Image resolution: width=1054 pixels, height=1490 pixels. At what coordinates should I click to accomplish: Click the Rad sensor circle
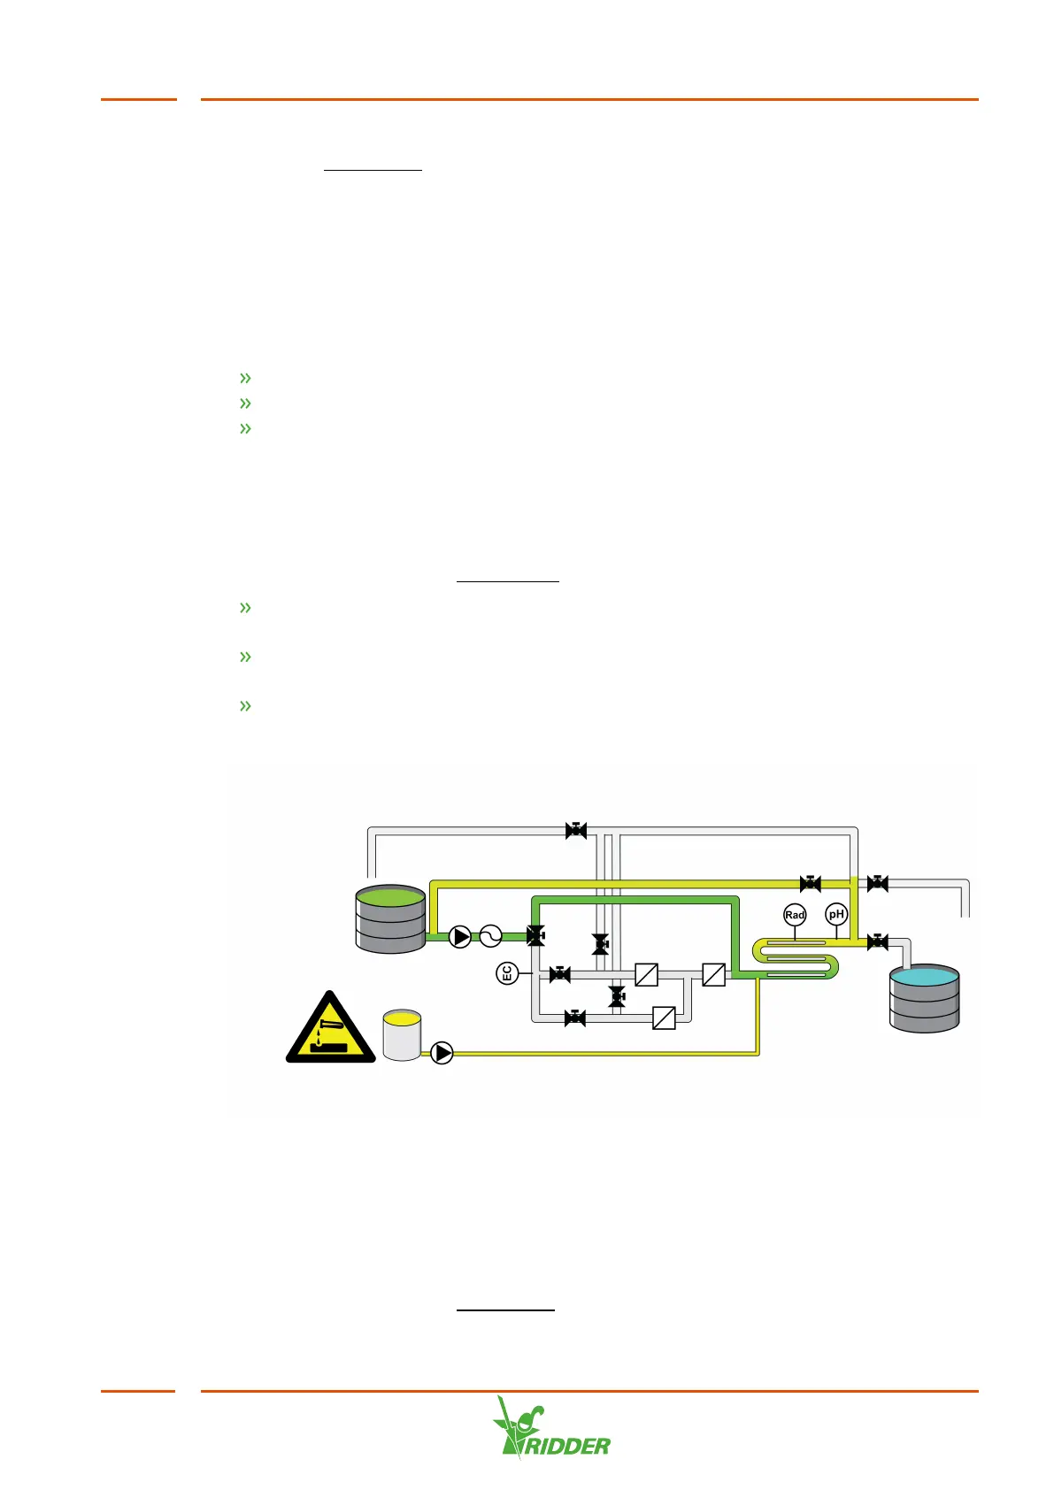pyautogui.click(x=795, y=915)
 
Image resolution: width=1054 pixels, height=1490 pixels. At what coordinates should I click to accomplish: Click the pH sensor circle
pyautogui.click(x=836, y=914)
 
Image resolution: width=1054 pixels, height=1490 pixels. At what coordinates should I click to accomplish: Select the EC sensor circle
pyautogui.click(x=507, y=974)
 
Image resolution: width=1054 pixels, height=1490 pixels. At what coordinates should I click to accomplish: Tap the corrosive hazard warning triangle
pyautogui.click(x=330, y=1029)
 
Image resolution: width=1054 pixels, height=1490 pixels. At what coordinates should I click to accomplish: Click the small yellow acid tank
pyautogui.click(x=402, y=1034)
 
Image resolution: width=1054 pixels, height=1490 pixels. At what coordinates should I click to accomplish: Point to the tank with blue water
pyautogui.click(x=924, y=999)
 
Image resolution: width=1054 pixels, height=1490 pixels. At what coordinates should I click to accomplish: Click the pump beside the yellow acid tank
pyautogui.click(x=442, y=1053)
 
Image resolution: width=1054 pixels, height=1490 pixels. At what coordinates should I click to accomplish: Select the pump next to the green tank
pyautogui.click(x=460, y=936)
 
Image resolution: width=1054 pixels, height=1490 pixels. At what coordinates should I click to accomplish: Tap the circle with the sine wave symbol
pyautogui.click(x=490, y=936)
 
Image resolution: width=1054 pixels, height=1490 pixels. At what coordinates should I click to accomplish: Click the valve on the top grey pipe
pyautogui.click(x=576, y=830)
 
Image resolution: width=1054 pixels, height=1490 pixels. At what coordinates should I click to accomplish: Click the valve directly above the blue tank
pyautogui.click(x=877, y=942)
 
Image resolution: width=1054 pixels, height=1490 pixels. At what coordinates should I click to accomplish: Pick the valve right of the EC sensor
pyautogui.click(x=559, y=974)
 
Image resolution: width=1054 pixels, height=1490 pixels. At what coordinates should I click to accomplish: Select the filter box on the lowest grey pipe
pyautogui.click(x=664, y=1018)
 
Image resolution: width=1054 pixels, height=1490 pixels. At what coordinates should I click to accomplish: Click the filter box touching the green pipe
pyautogui.click(x=713, y=974)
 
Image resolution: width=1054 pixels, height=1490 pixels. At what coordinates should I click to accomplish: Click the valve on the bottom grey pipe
pyautogui.click(x=575, y=1018)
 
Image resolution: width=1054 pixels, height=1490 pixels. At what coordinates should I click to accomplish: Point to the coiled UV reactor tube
pyautogui.click(x=795, y=959)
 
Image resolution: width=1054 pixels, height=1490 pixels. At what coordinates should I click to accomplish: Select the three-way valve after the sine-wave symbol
pyautogui.click(x=535, y=936)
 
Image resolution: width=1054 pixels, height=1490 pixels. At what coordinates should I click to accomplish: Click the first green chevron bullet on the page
pyautogui.click(x=245, y=378)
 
